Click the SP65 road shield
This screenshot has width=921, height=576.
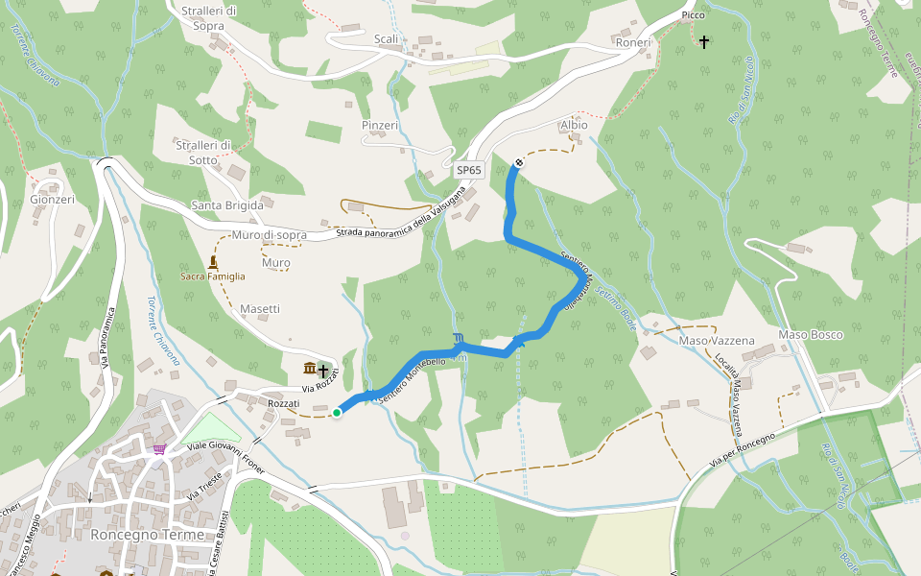(x=469, y=170)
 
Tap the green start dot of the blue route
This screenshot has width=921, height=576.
(x=337, y=413)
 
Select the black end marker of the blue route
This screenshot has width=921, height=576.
(x=519, y=163)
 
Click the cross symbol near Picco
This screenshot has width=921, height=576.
(x=704, y=41)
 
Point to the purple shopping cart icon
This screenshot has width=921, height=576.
(x=158, y=448)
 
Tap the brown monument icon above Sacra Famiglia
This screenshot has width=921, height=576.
(x=212, y=261)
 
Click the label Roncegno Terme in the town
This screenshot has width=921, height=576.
(x=147, y=535)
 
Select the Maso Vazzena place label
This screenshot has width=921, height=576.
(x=717, y=341)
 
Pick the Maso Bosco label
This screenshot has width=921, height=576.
(x=811, y=334)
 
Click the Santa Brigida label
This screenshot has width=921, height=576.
(x=227, y=205)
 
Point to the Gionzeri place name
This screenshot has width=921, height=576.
(x=53, y=200)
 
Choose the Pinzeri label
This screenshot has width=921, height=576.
(x=380, y=126)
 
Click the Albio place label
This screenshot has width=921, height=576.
(x=574, y=125)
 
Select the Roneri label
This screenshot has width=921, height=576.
(x=632, y=43)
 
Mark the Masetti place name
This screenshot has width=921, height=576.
(x=260, y=309)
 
